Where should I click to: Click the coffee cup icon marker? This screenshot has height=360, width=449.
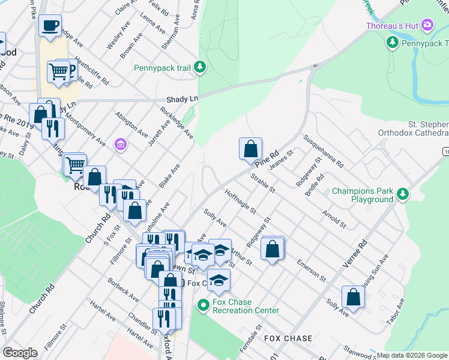50,26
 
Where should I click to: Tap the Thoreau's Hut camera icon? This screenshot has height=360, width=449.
427,25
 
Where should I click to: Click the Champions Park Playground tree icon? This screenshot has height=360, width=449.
403,194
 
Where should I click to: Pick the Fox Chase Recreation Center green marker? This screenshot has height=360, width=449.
203,305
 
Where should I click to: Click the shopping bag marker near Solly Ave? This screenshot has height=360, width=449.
353,297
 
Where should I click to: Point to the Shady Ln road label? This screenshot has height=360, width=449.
182,98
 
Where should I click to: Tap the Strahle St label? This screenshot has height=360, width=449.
262,183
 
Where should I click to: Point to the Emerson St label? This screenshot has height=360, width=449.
311,271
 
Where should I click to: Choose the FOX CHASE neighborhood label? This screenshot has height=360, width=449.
288,338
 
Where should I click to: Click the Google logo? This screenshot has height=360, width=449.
20,352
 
